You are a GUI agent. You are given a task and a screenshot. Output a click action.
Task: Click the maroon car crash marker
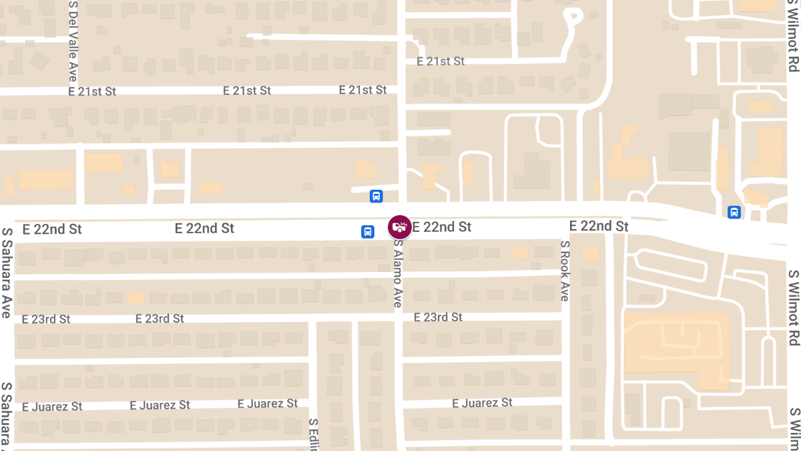click(399, 227)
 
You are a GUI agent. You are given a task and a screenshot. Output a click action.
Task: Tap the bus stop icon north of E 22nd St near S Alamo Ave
click(376, 196)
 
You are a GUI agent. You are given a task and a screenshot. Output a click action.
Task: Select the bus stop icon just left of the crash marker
click(367, 232)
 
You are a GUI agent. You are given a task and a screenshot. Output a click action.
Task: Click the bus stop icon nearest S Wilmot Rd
click(734, 212)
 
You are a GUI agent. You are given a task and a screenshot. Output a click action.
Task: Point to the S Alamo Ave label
click(398, 274)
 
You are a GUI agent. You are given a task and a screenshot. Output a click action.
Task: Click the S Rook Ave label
click(564, 271)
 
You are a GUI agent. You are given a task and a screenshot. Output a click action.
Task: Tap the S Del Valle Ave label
click(73, 41)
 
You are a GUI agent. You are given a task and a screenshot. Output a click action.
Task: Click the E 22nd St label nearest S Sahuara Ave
click(52, 229)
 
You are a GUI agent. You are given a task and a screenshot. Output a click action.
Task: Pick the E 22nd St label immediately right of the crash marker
click(442, 227)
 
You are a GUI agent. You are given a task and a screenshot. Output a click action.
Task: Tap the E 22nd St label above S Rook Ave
click(599, 226)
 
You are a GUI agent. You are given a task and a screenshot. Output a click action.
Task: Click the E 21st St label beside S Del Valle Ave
click(92, 92)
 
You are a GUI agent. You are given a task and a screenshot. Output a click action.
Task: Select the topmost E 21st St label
click(440, 61)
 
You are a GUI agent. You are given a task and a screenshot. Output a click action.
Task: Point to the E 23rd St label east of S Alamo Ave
click(438, 317)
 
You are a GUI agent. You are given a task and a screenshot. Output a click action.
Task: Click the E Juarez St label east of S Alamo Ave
click(482, 402)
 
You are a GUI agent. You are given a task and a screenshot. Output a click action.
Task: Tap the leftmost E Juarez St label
click(52, 406)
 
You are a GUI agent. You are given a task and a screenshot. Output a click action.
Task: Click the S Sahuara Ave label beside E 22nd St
click(7, 273)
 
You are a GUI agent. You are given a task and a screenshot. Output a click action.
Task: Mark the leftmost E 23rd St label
click(46, 319)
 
